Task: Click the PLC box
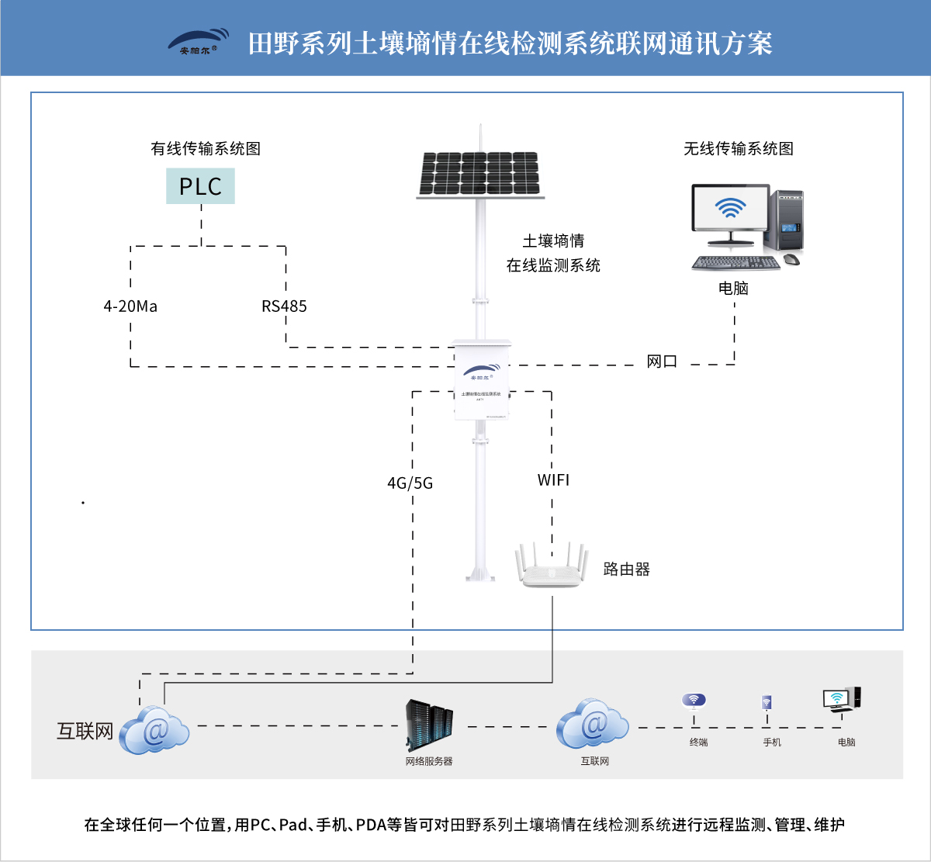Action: point(200,186)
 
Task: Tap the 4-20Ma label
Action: point(130,306)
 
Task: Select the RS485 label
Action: point(284,306)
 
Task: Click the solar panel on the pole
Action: point(479,173)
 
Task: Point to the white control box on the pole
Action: point(482,379)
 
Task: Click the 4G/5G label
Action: point(410,483)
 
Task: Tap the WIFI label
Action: point(553,480)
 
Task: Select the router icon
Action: point(549,567)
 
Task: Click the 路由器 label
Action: point(626,569)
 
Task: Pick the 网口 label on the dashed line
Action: point(662,362)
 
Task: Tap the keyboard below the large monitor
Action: point(735,264)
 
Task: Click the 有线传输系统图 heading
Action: point(206,148)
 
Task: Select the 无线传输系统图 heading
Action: point(739,148)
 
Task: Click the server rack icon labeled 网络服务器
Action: point(429,725)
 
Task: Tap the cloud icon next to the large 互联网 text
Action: point(154,730)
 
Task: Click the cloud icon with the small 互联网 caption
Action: point(593,725)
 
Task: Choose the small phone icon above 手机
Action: point(767,703)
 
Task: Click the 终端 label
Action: point(698,743)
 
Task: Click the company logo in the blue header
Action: point(199,43)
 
